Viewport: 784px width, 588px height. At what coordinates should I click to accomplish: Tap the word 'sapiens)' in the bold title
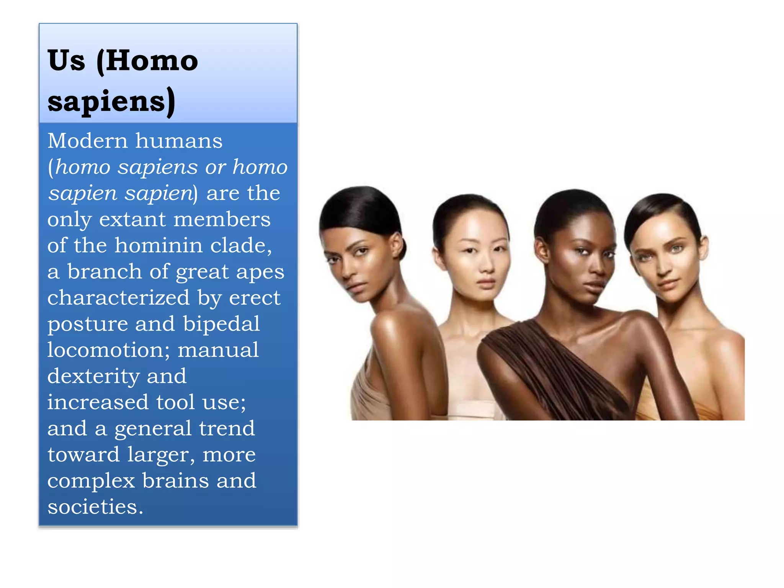[111, 101]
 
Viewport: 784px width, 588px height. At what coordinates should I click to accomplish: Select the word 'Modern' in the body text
[87, 141]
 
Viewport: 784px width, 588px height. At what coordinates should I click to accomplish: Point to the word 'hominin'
[158, 245]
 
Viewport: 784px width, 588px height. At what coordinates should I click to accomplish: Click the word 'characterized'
[118, 298]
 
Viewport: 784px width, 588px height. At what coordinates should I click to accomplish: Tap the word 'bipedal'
[221, 324]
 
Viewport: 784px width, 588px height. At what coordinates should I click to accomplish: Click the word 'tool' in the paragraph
[176, 402]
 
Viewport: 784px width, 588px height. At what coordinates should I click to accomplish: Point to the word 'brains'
[175, 481]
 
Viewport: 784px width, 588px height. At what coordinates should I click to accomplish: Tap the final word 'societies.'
[95, 507]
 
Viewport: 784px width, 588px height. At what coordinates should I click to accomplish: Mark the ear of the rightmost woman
[703, 247]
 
